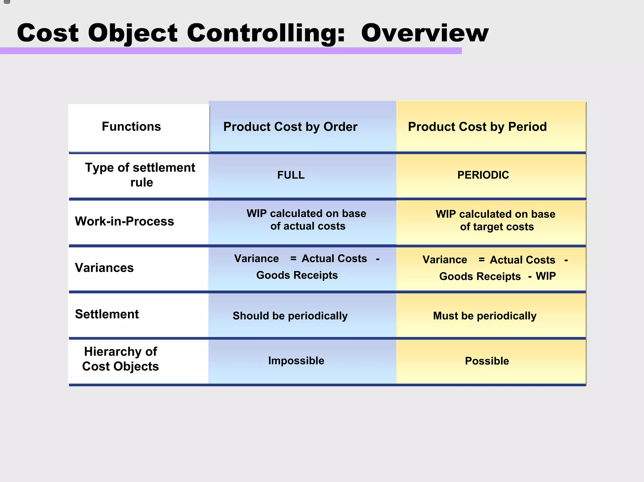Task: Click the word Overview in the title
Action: pos(425,33)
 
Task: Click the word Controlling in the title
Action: pos(266,33)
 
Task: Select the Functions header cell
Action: pos(131,127)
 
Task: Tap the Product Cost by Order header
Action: pos(290,127)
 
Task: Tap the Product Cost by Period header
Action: pos(477,127)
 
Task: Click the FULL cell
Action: pos(291,175)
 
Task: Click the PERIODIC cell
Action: pos(483,175)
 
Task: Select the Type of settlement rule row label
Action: pos(140,175)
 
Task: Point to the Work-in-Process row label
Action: pos(124,222)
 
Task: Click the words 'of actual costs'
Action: pos(308,226)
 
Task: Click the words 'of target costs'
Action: pos(497,227)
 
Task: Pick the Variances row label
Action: pos(104,268)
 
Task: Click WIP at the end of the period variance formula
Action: pos(546,276)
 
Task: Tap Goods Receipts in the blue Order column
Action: pos(297,275)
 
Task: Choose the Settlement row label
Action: pos(107,314)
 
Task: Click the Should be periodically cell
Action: pos(290,316)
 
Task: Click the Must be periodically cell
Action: pos(485,316)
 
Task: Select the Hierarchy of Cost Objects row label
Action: pos(120,359)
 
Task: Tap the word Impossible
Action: pos(296,361)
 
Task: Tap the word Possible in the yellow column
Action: pos(487,361)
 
